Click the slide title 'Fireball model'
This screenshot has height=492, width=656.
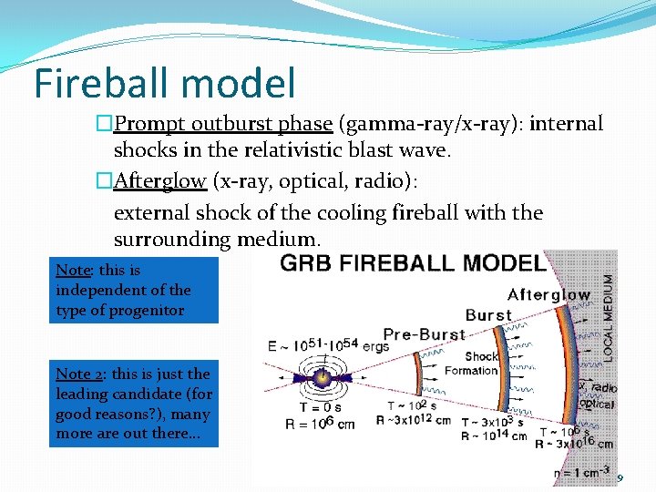pos(165,83)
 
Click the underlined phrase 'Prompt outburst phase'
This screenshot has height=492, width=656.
pos(222,124)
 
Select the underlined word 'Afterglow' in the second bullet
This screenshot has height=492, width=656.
pos(159,180)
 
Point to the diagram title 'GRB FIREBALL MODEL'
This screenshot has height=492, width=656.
pos(413,263)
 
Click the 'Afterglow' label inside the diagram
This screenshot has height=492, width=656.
pos(548,294)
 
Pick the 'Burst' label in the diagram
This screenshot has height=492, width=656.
pos(488,315)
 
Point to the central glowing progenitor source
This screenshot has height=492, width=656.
pos(322,376)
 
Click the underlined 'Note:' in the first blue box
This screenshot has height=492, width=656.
pos(73,270)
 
